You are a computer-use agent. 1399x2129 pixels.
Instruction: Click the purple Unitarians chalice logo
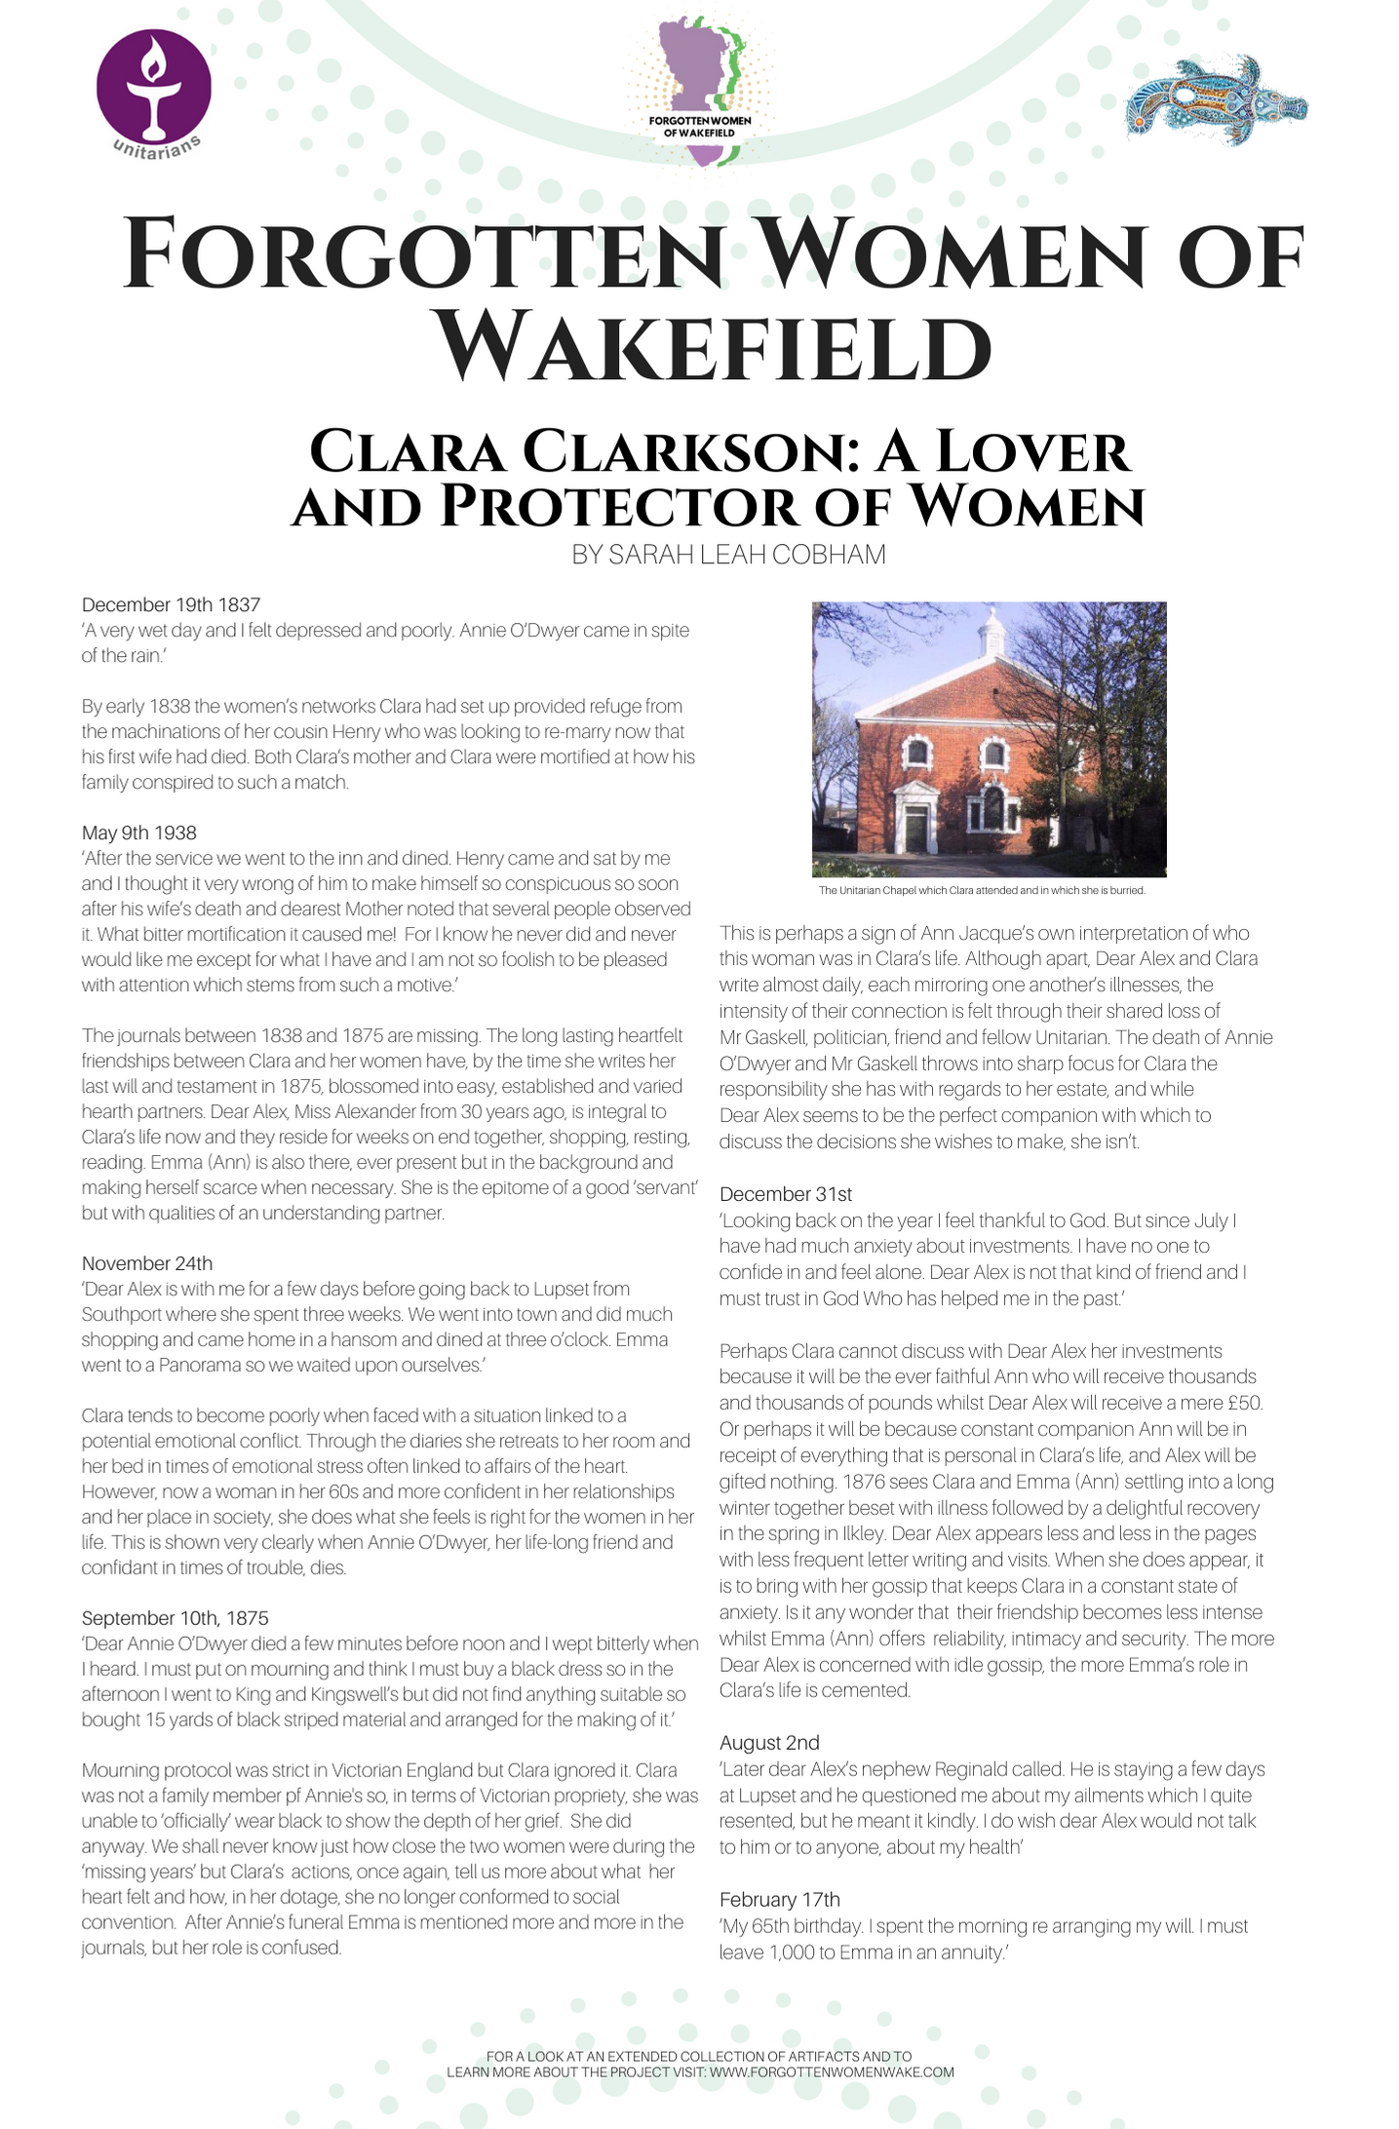(x=153, y=88)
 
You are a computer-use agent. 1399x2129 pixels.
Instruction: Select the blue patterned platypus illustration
(x=1215, y=101)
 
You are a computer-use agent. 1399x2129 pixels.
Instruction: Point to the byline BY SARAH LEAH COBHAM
(x=728, y=555)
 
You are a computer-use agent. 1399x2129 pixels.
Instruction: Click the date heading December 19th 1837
(x=171, y=604)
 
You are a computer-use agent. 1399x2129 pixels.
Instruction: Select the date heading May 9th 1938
(x=138, y=832)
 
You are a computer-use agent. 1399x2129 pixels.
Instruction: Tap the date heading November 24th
(x=146, y=1263)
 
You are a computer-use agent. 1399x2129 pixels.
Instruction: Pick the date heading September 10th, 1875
(x=175, y=1618)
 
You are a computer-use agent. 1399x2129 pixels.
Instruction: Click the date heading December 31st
(x=786, y=1194)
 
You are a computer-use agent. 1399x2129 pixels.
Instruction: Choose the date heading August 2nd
(x=769, y=1743)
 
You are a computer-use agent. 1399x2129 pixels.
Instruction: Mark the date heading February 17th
(x=779, y=1899)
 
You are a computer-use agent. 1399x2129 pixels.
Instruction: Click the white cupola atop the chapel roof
(x=991, y=631)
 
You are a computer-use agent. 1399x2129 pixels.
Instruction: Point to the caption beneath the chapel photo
(x=981, y=890)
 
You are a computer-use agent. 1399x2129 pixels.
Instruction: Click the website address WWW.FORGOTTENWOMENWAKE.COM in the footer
(x=832, y=2072)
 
